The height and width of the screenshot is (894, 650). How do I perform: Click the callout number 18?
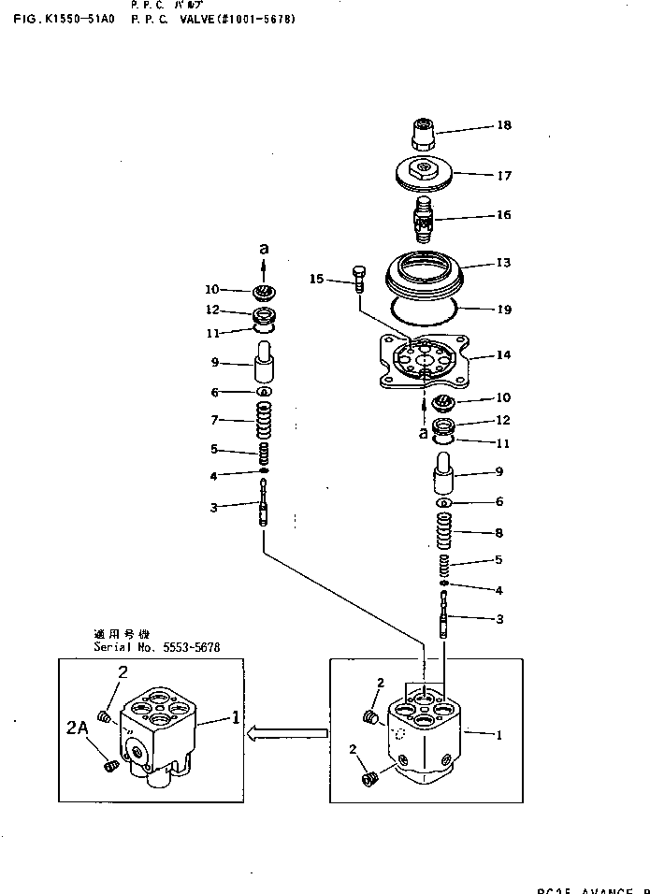pos(504,125)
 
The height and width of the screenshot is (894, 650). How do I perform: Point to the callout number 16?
pos(504,215)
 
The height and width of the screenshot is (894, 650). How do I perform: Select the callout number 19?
pos(504,307)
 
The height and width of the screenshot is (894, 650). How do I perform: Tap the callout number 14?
pos(504,355)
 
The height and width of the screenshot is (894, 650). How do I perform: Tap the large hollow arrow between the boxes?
pos(286,735)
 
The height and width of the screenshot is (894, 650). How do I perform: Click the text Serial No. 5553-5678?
pos(156,647)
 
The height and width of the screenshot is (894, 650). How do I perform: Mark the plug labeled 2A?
pos(108,766)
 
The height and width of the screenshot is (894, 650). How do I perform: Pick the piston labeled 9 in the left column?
pos(265,359)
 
